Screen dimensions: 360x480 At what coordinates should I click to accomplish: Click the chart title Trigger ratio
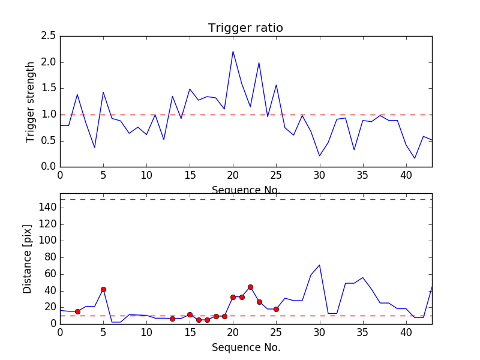coord(245,28)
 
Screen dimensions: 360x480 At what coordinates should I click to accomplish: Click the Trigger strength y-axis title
coord(31,101)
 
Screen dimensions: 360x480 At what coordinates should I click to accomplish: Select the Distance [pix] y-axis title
coord(28,258)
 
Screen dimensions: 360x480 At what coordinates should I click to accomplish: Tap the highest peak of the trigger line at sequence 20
coord(233,51)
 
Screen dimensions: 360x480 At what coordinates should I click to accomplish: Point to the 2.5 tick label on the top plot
coord(49,36)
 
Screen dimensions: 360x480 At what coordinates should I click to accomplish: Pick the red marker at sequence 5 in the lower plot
coord(103,289)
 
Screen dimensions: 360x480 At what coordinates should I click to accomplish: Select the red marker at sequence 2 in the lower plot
coord(77,311)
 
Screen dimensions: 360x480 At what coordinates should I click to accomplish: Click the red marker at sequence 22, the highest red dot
coord(250,287)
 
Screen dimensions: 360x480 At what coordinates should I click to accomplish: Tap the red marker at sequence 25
coord(276,309)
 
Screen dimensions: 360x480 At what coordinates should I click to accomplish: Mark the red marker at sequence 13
coord(172,319)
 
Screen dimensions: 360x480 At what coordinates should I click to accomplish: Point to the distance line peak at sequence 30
coord(319,265)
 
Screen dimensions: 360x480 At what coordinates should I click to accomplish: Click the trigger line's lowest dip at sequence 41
coord(415,158)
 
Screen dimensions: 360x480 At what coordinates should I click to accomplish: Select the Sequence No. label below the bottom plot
coord(245,347)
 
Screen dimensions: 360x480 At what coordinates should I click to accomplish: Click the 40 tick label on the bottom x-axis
coord(406,331)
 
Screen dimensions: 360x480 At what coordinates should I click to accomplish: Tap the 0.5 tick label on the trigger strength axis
coord(49,140)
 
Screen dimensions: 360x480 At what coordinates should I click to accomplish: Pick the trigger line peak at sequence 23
coord(259,62)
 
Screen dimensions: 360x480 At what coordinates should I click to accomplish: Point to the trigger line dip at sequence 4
coord(95,148)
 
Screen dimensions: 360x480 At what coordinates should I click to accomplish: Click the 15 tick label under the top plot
coord(190,175)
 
